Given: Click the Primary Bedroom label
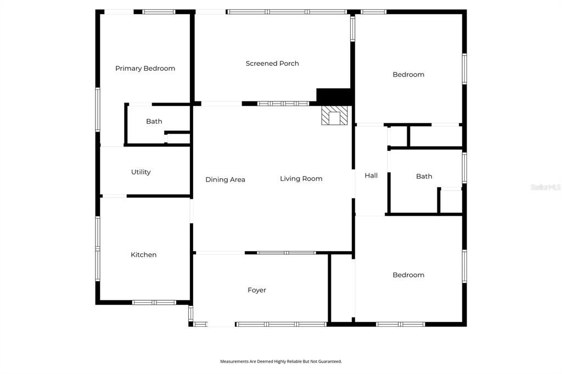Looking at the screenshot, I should pos(145,69).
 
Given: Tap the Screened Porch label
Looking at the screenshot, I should pos(272,64).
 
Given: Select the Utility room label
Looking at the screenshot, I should pos(140,172).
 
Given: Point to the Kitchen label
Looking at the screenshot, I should pos(143,255).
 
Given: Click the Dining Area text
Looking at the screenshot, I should pos(225,180).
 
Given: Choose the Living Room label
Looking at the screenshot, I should pos(301,179).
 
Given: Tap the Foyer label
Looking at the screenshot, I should pos(256,291).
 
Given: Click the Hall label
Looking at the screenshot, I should pos(371,176).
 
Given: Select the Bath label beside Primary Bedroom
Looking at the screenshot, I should pos(154,122).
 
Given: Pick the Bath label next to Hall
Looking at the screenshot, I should pos(424,177).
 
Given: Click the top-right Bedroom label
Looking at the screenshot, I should pos(408,75).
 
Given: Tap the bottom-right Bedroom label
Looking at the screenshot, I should pos(408,275).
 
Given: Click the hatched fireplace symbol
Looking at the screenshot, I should pos(334,116).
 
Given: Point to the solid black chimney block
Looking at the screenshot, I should pos(334,96).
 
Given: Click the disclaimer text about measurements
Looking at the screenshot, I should pos(281,361).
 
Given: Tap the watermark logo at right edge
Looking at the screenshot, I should pos(546,187).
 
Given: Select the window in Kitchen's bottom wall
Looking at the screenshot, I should pos(154,302).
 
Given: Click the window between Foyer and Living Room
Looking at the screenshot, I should pos(286,253).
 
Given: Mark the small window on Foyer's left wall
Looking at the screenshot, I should pos(191,313).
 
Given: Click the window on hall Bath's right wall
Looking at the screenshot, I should pos(464,168).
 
